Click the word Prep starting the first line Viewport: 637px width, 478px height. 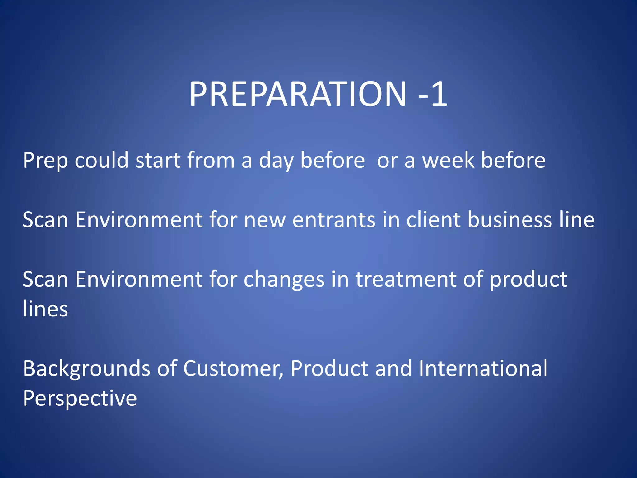[45, 161]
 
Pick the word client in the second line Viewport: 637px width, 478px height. [433, 220]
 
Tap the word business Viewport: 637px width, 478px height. [510, 220]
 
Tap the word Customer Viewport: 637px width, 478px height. [233, 369]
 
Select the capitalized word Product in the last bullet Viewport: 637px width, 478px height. [329, 369]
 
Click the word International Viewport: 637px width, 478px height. [483, 369]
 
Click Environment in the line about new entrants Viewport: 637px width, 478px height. [139, 220]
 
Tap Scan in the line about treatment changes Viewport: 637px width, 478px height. [45, 279]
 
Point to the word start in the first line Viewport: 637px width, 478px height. [158, 161]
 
